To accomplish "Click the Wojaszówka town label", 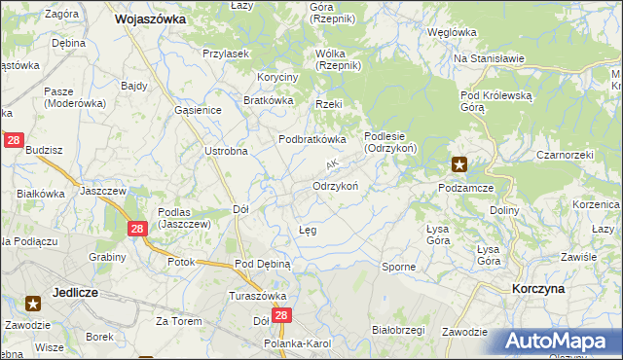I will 151,18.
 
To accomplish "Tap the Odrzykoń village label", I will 336,185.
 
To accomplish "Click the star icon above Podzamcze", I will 459,164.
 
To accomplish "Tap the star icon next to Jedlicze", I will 33,303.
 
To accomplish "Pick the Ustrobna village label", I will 226,151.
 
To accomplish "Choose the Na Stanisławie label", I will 489,58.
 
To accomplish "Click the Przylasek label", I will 226,54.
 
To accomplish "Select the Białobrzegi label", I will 399,330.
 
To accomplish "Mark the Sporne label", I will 399,266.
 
